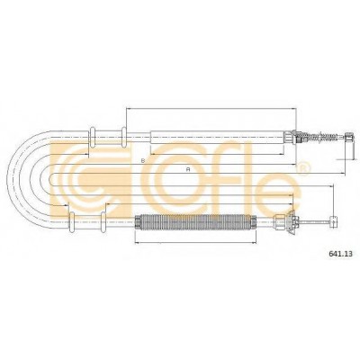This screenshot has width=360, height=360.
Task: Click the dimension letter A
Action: tap(188, 169)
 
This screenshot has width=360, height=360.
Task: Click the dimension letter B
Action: tap(143, 161)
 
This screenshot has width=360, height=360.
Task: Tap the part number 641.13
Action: tap(340, 254)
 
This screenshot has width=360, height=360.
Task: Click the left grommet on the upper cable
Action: tap(93, 138)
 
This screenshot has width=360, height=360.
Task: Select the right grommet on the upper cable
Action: tap(123, 138)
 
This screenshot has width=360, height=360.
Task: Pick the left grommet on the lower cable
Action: tap(72, 221)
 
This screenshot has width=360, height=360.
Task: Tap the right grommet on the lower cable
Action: tap(103, 221)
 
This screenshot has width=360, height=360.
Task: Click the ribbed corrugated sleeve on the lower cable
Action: tap(195, 222)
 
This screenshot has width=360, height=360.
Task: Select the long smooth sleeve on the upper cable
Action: tap(217, 138)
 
